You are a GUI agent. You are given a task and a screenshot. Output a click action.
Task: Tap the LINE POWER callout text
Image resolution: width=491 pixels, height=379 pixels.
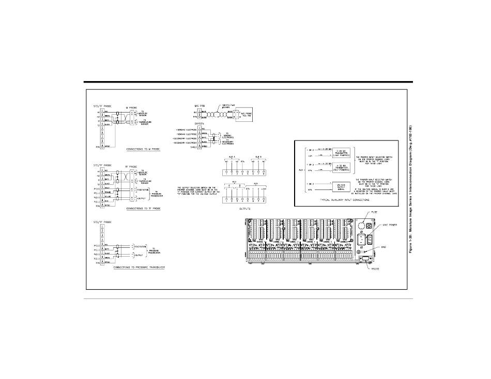click(x=389, y=226)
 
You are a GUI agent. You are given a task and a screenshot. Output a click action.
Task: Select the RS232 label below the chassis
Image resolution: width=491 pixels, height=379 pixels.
click(x=375, y=269)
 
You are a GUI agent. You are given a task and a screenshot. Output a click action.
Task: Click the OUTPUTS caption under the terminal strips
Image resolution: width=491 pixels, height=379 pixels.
click(x=242, y=209)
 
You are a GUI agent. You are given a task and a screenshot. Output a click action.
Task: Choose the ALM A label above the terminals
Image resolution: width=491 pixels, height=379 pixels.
click(x=231, y=155)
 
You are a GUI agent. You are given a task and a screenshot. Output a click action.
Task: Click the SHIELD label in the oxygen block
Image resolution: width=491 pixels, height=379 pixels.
click(x=179, y=146)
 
